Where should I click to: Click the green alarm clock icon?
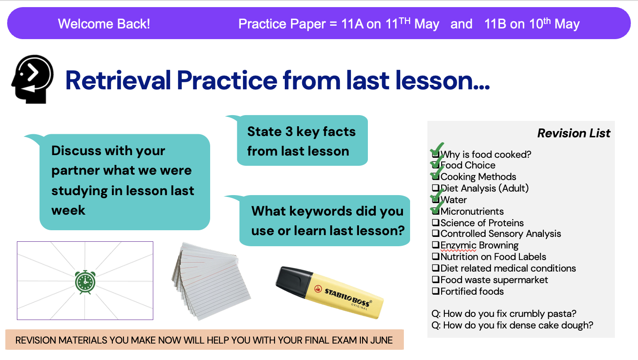click(85, 282)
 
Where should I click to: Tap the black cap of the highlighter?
click(293, 281)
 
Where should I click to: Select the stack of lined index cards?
click(211, 281)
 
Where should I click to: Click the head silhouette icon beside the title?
click(32, 79)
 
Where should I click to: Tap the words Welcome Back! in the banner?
click(104, 24)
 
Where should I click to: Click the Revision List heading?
click(574, 133)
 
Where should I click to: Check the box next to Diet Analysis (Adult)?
click(435, 188)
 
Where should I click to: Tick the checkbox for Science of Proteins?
click(435, 222)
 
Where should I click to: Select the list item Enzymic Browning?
click(479, 245)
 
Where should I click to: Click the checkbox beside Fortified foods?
click(435, 291)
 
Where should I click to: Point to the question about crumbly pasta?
click(504, 314)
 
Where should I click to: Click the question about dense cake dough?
click(512, 325)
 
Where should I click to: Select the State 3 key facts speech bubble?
click(302, 140)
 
